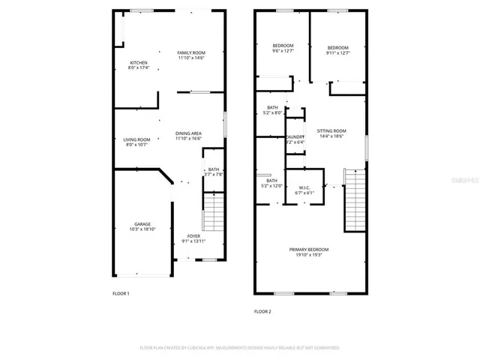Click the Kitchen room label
click(139, 65)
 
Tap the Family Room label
click(191, 55)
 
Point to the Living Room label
click(137, 142)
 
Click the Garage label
click(142, 226)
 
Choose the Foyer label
click(193, 241)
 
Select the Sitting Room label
click(331, 133)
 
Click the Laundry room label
click(295, 139)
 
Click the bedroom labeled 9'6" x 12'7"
click(283, 49)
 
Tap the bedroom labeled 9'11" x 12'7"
click(337, 49)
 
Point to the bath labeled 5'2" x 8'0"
click(271, 110)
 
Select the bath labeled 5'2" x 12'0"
click(271, 183)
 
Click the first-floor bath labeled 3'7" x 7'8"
click(214, 172)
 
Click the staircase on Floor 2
click(353, 201)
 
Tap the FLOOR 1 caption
click(121, 293)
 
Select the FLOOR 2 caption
click(262, 310)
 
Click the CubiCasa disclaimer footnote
click(239, 348)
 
